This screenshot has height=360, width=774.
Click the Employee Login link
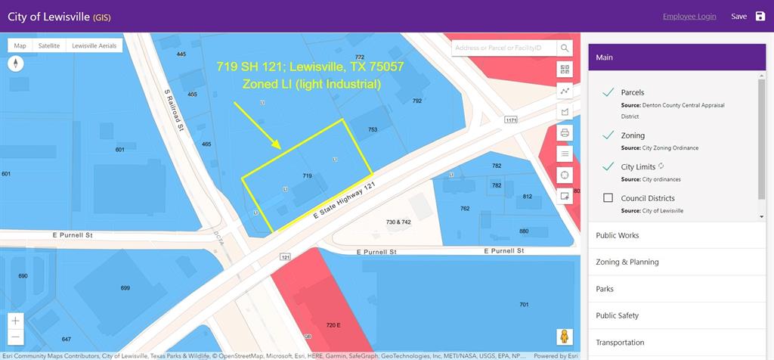tap(689, 17)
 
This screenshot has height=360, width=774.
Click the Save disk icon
tap(760, 17)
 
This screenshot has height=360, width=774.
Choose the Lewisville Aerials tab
tap(94, 46)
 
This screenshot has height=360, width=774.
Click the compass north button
tap(16, 64)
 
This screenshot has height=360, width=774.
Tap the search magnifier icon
tap(565, 48)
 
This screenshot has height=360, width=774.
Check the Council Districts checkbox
tap(608, 198)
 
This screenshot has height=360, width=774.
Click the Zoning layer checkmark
tap(608, 135)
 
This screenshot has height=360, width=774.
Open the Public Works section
tap(617, 235)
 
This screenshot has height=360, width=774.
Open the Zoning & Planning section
tap(627, 262)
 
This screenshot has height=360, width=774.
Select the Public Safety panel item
tap(617, 315)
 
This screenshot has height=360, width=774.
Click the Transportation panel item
tap(620, 342)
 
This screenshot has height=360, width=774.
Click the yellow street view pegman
tap(564, 337)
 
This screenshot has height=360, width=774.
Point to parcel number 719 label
tap(308, 175)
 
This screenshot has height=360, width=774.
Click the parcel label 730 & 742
tap(398, 222)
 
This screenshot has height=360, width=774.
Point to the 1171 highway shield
tap(511, 119)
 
